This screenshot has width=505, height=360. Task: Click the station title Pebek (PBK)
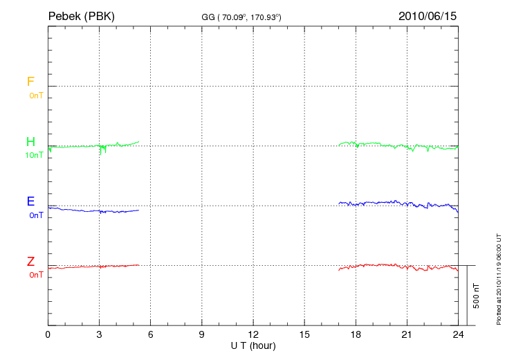coord(81,15)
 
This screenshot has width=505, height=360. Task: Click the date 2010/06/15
coord(427,15)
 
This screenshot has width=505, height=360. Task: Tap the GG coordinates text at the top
coord(241,17)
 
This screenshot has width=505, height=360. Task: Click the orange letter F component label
coord(30,82)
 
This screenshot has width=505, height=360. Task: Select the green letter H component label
coord(30,142)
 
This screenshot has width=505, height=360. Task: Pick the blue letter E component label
coord(30,201)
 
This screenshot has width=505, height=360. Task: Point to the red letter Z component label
coord(30,262)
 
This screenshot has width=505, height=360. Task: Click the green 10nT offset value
coord(34,155)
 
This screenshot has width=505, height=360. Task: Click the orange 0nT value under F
coord(36,96)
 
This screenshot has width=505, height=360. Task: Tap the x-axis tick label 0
coord(48,334)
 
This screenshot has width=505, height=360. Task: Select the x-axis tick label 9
coord(202,334)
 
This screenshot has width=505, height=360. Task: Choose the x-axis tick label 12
coord(253,334)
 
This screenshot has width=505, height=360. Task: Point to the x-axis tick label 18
coord(356,334)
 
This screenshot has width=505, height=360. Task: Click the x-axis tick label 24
coord(458,334)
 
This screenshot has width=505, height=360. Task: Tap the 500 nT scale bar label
coord(477,296)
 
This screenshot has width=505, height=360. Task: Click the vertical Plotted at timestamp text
coord(498,277)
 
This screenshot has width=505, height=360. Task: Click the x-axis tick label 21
coord(407,334)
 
